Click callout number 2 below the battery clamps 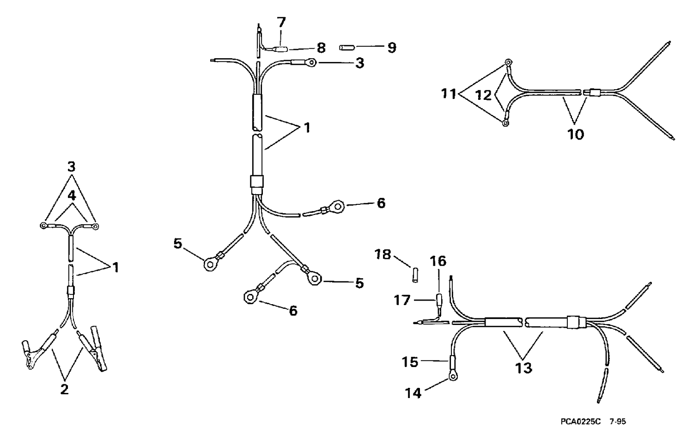click(x=64, y=389)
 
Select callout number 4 click(x=72, y=196)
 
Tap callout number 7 click(x=281, y=22)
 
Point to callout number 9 click(x=392, y=48)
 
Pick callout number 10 click(x=576, y=135)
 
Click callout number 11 click(x=448, y=93)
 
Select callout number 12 click(x=483, y=95)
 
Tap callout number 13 click(x=523, y=368)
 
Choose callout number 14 click(x=413, y=393)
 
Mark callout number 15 click(x=410, y=362)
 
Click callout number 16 click(x=438, y=261)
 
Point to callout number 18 click(x=383, y=255)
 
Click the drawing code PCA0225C click(x=581, y=422)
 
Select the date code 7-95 click(x=617, y=422)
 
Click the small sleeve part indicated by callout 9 click(x=346, y=48)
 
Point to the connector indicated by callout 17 click(x=439, y=300)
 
